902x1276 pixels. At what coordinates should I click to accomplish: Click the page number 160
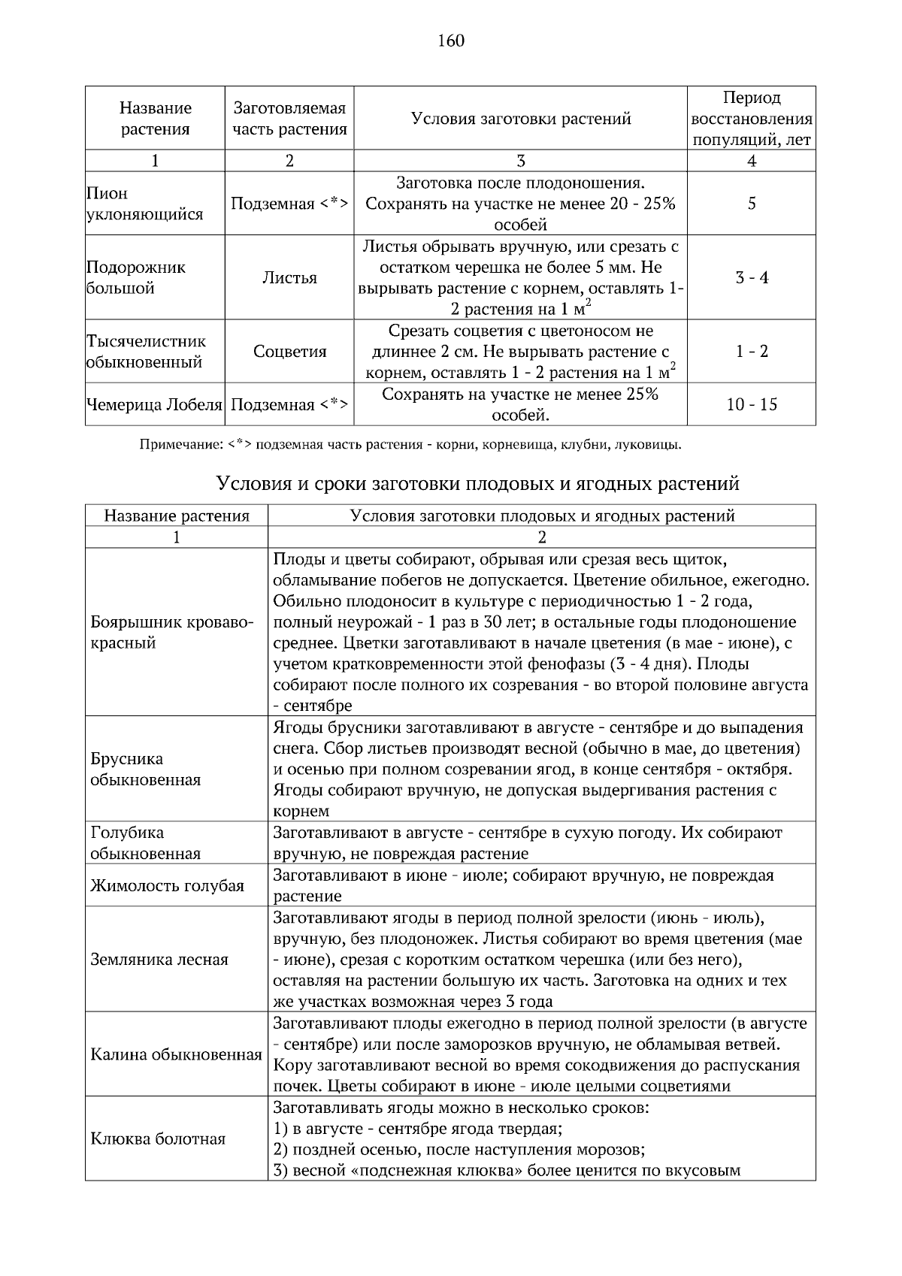point(451,41)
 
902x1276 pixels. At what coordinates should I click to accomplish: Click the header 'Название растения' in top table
point(155,118)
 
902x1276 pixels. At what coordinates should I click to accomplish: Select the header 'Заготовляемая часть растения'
point(289,118)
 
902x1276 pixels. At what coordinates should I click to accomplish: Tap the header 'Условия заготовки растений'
point(520,118)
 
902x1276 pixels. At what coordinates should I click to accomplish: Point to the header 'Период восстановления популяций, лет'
point(751,118)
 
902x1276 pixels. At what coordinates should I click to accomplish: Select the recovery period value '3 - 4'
point(751,277)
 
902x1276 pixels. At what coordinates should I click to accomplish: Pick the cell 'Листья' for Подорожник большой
point(289,277)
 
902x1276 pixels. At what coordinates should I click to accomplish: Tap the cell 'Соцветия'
point(289,351)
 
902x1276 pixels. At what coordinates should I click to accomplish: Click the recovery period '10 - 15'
point(751,404)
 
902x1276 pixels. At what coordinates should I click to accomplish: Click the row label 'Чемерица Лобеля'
point(154,404)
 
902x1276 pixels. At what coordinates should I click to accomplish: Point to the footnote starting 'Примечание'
point(410,444)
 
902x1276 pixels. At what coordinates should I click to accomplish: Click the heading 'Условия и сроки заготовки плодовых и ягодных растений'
point(477,483)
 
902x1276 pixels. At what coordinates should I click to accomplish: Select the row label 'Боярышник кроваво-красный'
point(172,632)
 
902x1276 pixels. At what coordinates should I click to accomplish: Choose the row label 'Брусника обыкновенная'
point(145,769)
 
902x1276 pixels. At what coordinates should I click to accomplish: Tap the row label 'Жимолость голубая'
point(167,885)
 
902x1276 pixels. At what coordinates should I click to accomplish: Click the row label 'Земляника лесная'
point(159,959)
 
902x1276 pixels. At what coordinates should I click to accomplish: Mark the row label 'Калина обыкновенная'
point(176,1054)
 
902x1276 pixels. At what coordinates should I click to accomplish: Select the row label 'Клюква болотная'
point(158,1138)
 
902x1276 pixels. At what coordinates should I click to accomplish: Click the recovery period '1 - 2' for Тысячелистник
point(751,351)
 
